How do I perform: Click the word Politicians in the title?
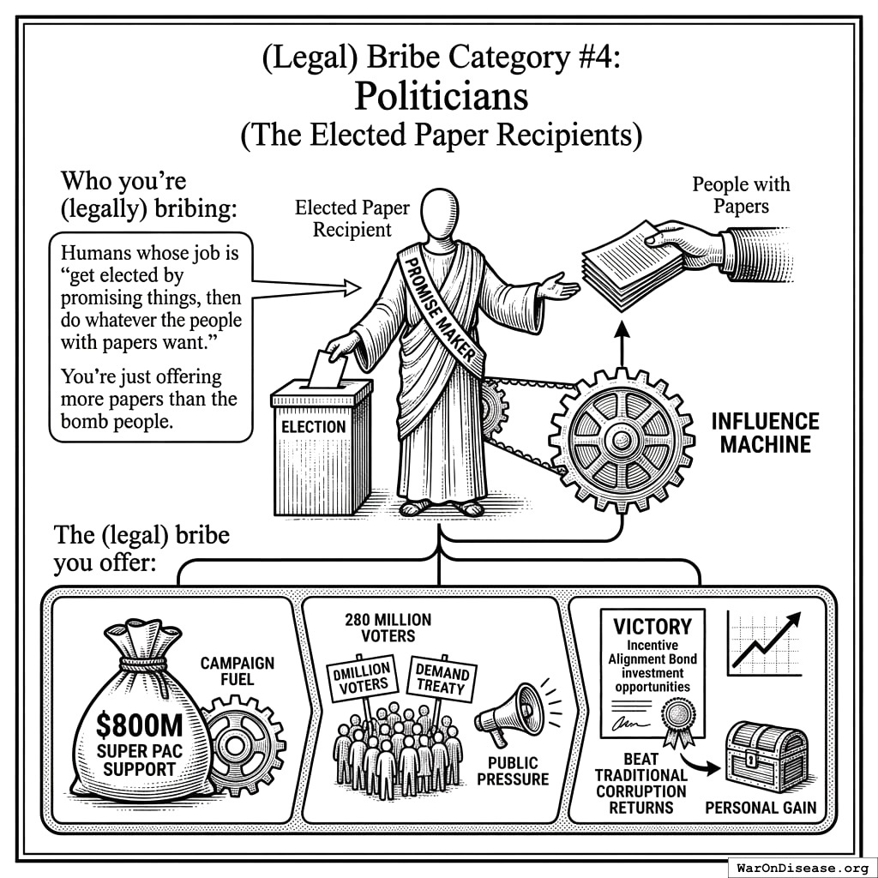[x=441, y=96]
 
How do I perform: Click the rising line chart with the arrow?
[x=764, y=643]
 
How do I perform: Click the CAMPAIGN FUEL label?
[x=238, y=672]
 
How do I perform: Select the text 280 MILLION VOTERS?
[x=388, y=628]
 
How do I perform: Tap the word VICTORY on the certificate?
[x=652, y=626]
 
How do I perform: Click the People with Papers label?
[x=741, y=195]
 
